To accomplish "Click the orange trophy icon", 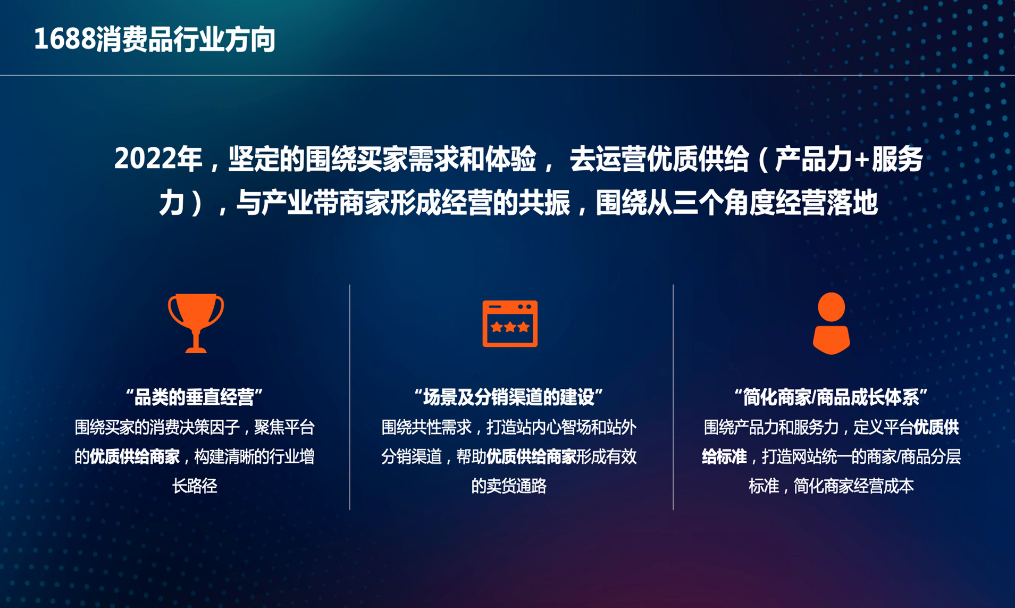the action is click(x=196, y=322).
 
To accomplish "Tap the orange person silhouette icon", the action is click(x=831, y=323).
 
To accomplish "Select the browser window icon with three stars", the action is click(x=510, y=323).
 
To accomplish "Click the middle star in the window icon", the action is click(x=510, y=327).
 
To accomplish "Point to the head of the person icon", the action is click(x=831, y=307).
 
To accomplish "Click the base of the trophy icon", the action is click(x=196, y=349).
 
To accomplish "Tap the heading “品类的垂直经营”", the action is click(x=195, y=397).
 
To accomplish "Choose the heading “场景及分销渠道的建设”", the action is click(x=509, y=397).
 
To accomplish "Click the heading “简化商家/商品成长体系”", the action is click(x=831, y=397).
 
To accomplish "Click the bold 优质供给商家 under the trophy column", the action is click(x=134, y=456).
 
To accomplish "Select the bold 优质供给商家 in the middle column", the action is click(x=531, y=456).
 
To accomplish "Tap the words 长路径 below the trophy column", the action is click(x=195, y=486).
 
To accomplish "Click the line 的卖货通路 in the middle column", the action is click(x=509, y=486).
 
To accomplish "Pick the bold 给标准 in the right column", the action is click(x=724, y=456).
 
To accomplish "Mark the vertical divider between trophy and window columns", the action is click(x=350, y=397).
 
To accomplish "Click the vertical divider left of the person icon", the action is click(x=673, y=397).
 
